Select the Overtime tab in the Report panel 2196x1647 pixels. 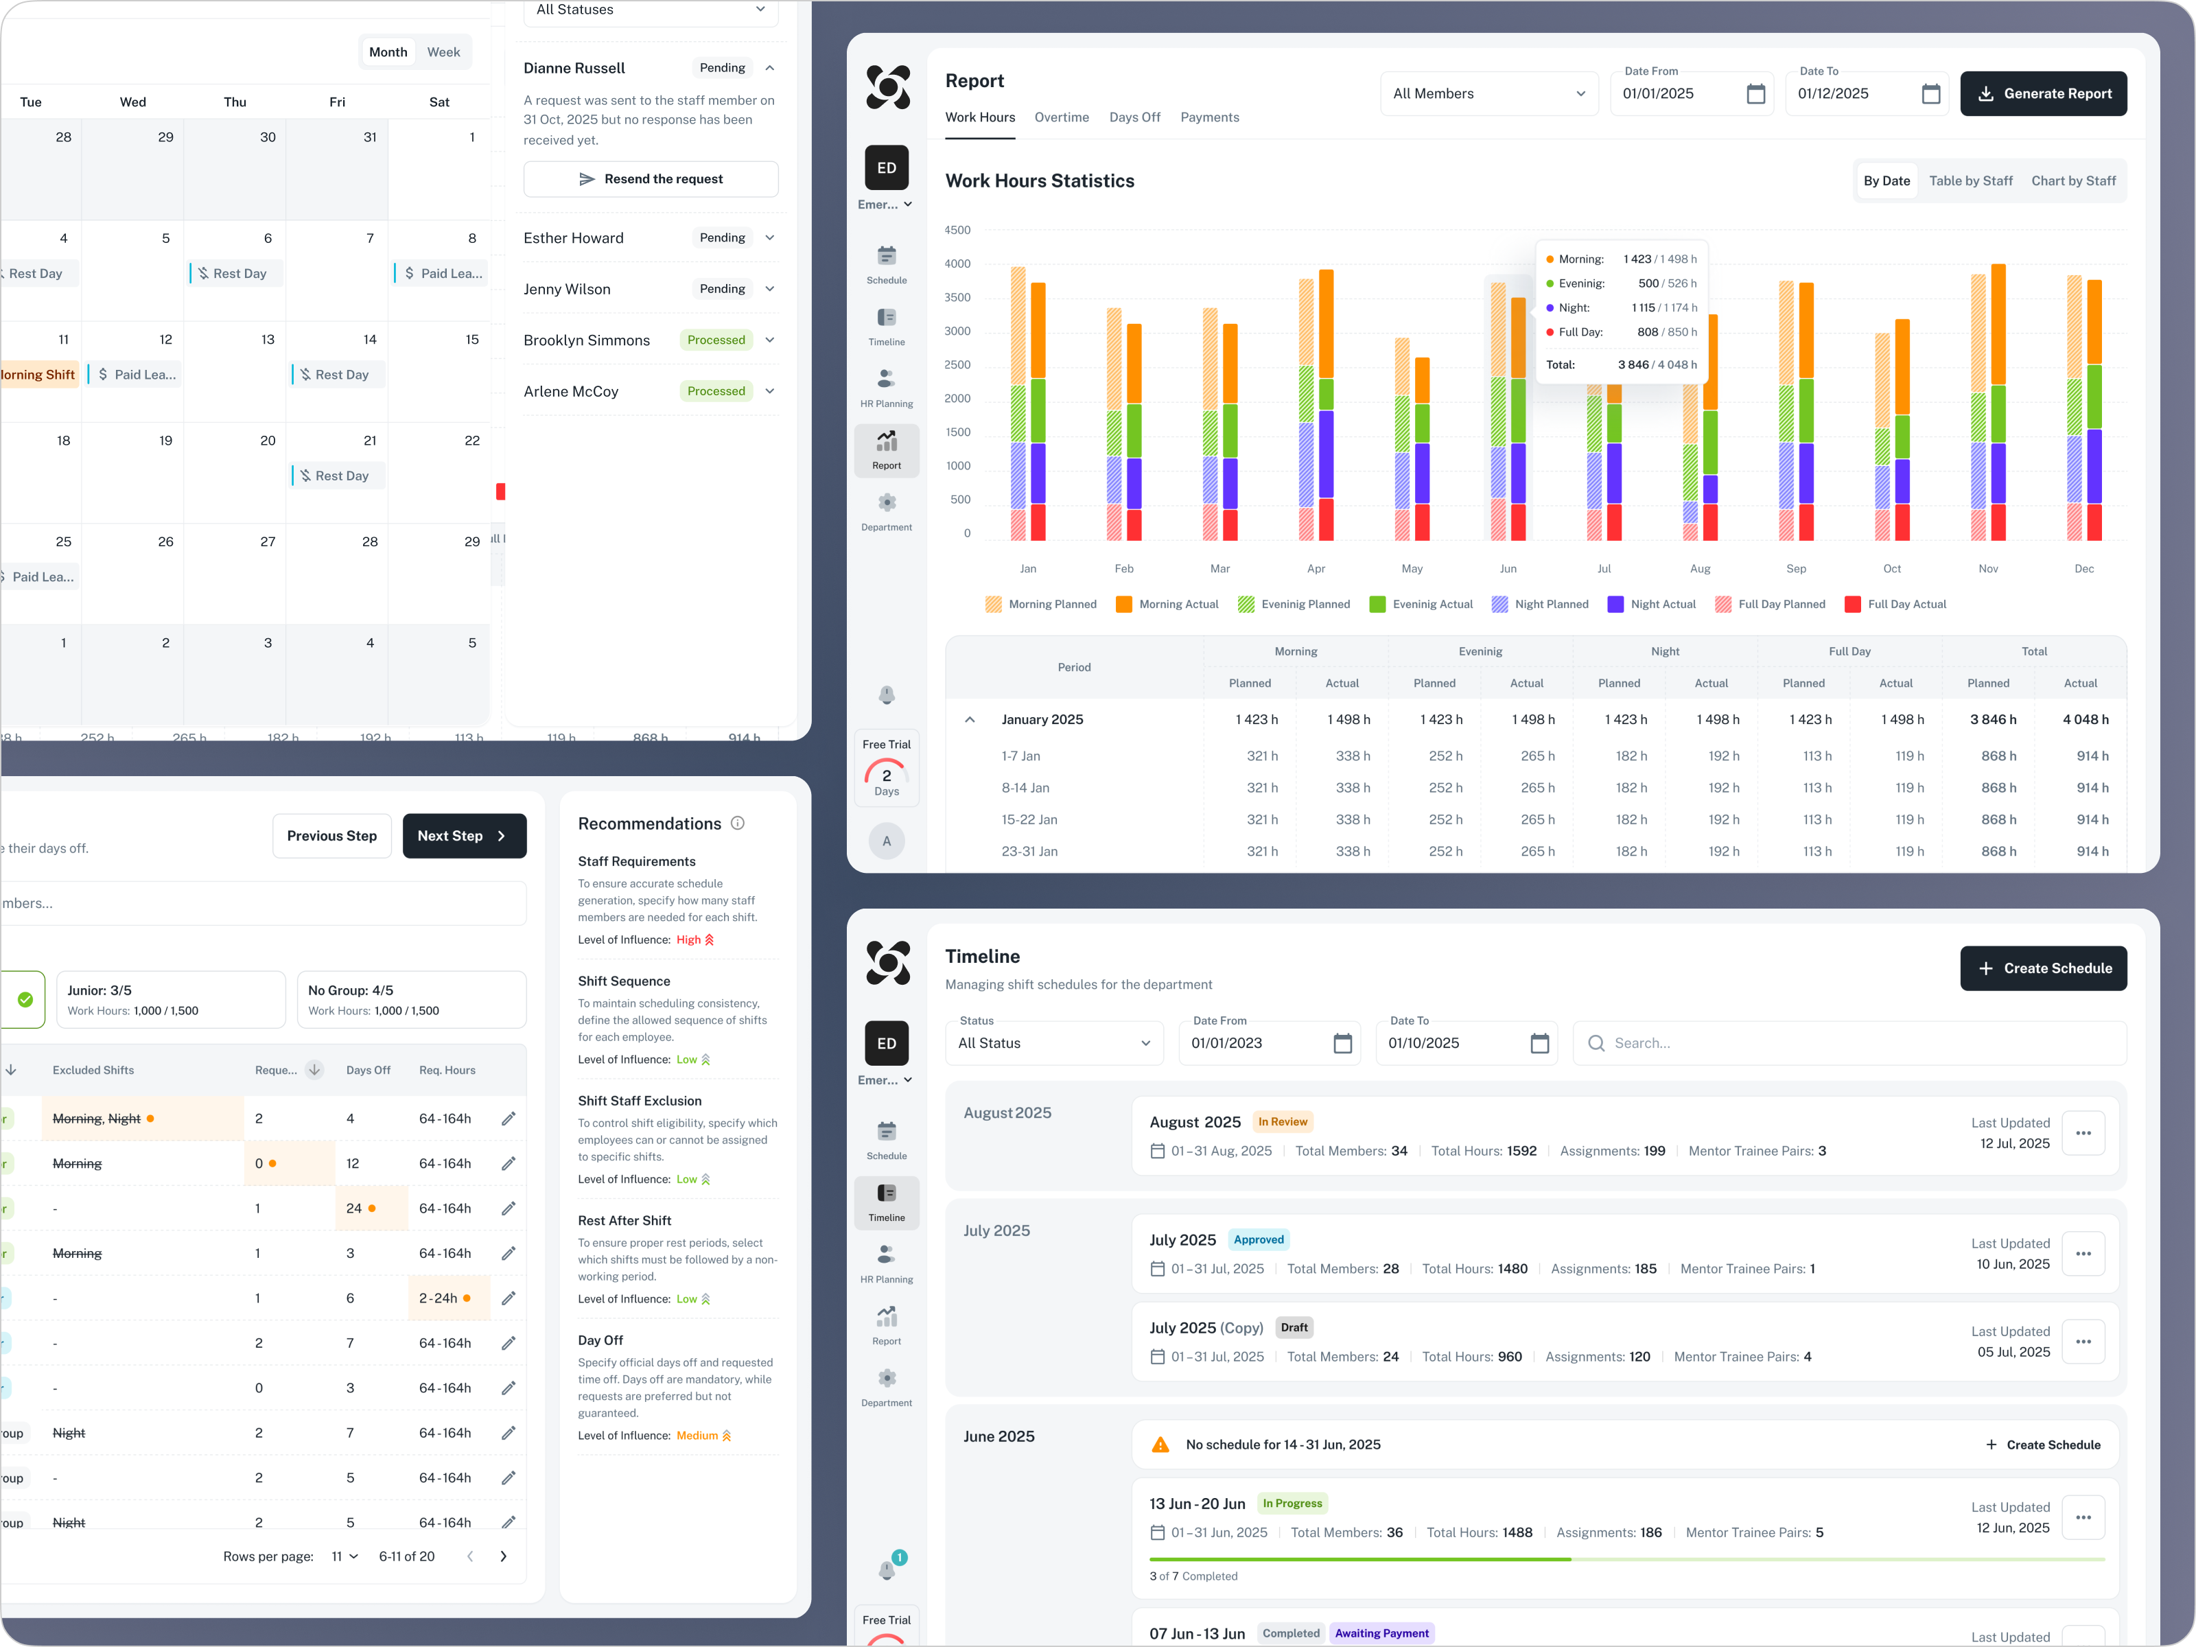point(1060,117)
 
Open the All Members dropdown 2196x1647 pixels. point(1487,93)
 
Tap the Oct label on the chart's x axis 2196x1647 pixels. point(1891,569)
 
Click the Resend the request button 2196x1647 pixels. point(651,178)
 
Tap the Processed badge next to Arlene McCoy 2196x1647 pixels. point(715,391)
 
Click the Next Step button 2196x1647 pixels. point(464,836)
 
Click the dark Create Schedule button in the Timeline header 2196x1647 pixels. point(2042,968)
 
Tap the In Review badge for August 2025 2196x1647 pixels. point(1282,1122)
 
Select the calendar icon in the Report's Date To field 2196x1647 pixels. point(1930,93)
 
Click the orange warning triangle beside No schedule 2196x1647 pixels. point(1160,1445)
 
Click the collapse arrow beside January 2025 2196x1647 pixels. point(970,720)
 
